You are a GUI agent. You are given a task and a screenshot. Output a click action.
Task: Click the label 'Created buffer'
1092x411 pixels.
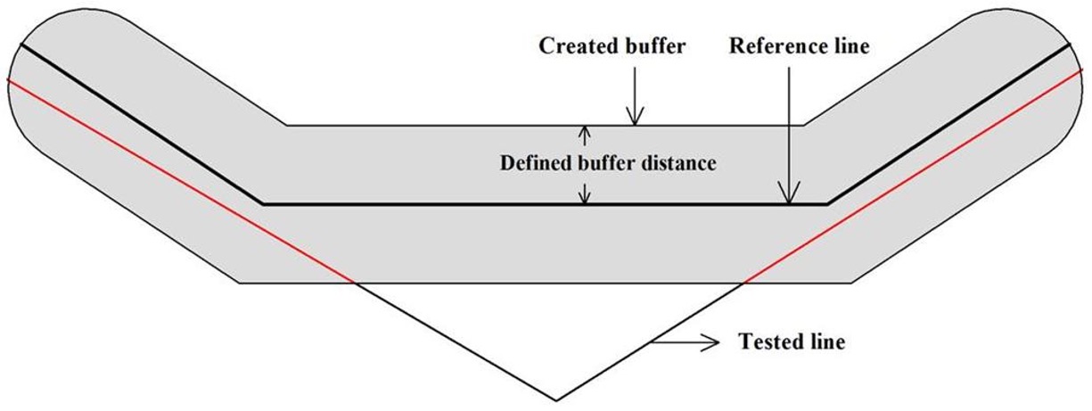tap(612, 47)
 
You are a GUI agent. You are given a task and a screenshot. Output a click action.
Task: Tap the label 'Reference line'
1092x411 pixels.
tap(799, 47)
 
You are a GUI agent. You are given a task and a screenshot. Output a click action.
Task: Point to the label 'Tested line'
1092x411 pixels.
tap(791, 342)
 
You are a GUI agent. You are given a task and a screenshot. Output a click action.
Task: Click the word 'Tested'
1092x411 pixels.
tap(767, 342)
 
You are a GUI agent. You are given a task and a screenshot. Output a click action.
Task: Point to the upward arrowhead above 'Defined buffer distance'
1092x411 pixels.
tap(585, 132)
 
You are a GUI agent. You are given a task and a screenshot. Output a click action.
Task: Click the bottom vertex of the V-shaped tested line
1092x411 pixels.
tap(556, 399)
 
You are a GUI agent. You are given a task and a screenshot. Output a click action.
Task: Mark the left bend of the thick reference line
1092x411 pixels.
tap(261, 203)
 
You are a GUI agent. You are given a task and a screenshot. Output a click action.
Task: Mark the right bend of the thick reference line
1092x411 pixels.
tap(827, 203)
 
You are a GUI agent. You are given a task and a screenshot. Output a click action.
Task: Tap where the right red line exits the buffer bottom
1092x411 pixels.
tap(743, 284)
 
